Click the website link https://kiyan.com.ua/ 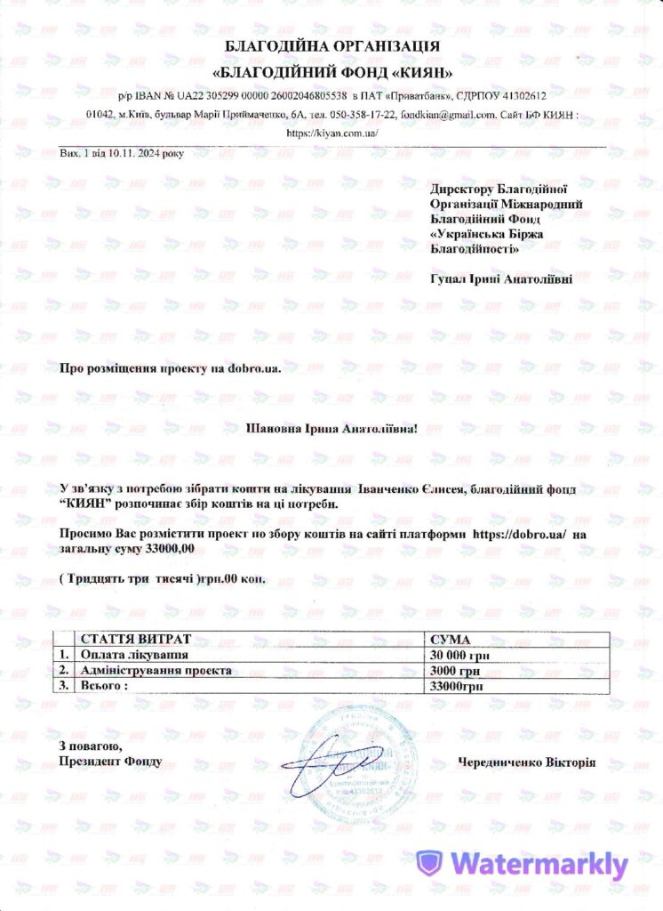tap(331, 133)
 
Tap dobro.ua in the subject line tap(253, 368)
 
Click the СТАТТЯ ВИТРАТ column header tap(135, 640)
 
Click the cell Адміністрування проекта tap(156, 670)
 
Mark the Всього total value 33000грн tap(457, 686)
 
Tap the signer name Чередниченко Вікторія tap(527, 762)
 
